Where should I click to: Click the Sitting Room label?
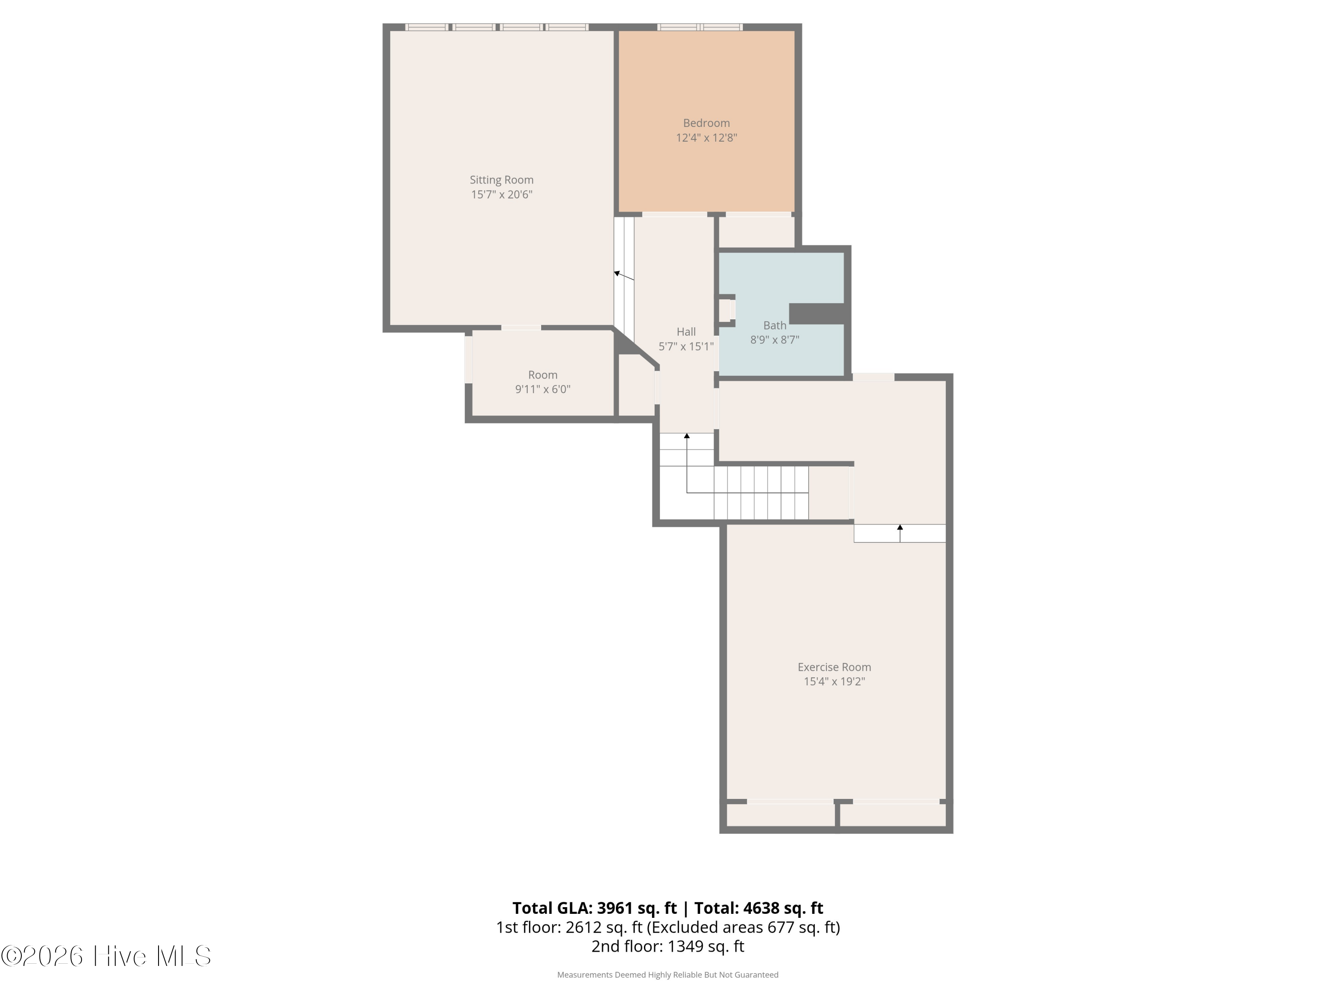[501, 180]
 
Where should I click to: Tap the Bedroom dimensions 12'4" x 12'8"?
[706, 138]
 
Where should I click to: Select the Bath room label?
[774, 326]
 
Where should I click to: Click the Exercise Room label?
[834, 667]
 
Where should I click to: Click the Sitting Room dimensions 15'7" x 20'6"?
[501, 195]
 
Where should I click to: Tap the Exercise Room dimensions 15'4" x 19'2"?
[834, 681]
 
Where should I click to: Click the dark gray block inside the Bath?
[817, 314]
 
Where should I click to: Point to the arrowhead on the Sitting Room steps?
[617, 273]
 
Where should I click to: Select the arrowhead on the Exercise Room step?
[900, 527]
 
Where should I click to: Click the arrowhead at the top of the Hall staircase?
[687, 436]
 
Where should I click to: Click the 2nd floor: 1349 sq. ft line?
[668, 946]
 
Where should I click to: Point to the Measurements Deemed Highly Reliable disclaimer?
[668, 975]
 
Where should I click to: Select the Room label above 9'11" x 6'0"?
[542, 375]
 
